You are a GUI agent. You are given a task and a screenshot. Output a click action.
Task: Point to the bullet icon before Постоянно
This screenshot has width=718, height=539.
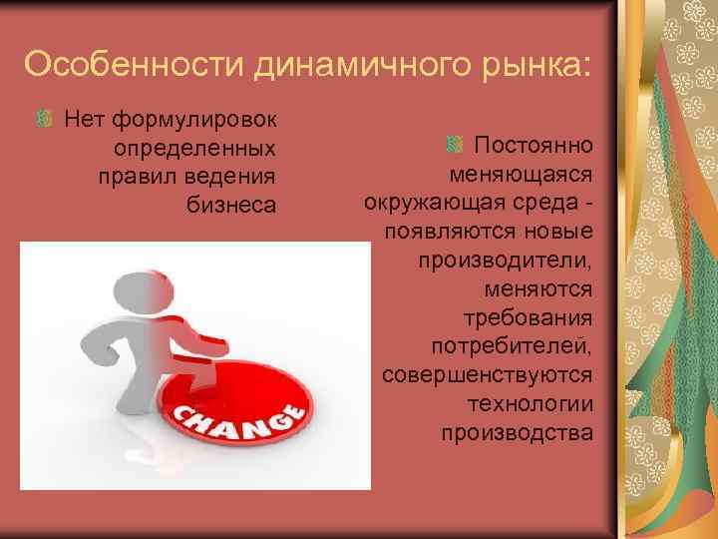coord(454,146)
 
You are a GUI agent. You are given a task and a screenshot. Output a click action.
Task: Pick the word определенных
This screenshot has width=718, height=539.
coord(195,149)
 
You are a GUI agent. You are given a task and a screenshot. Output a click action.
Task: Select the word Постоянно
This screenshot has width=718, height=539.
coord(534,146)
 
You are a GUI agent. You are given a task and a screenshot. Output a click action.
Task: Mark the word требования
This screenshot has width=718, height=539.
coord(530,318)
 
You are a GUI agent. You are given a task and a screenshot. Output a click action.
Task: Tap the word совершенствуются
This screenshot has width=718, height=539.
coord(488,375)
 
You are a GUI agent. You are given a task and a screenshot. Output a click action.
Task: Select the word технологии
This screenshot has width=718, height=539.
coord(531,404)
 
